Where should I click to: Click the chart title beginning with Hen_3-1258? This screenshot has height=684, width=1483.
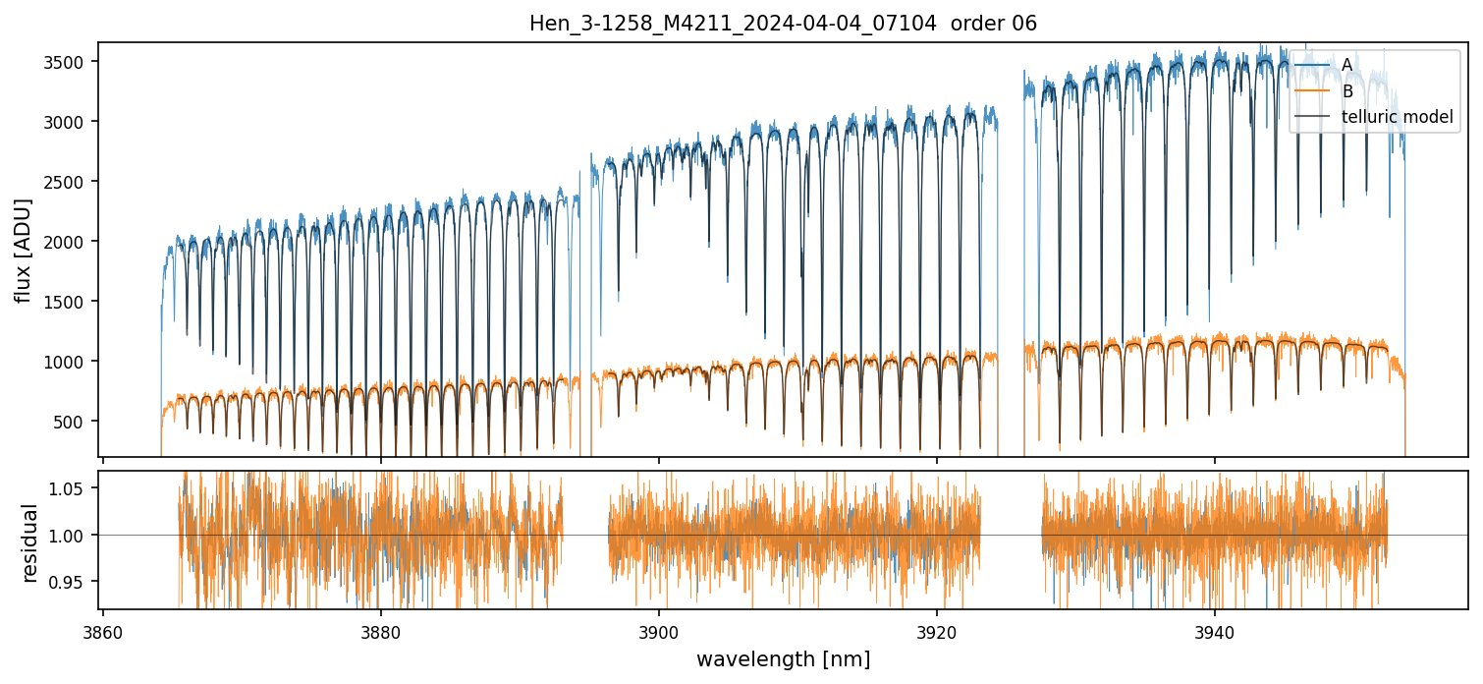[783, 24]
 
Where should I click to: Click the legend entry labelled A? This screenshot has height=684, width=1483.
[1346, 65]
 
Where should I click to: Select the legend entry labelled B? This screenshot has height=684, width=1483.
[1346, 91]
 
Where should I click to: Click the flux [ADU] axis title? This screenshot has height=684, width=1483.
[23, 250]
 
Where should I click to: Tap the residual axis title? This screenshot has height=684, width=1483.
[29, 542]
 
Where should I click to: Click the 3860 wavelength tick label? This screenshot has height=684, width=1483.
[103, 633]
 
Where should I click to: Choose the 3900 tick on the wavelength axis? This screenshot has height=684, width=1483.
[658, 633]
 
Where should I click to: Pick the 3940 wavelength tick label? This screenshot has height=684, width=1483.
[1215, 633]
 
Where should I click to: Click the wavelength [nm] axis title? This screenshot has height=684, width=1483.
[783, 659]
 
